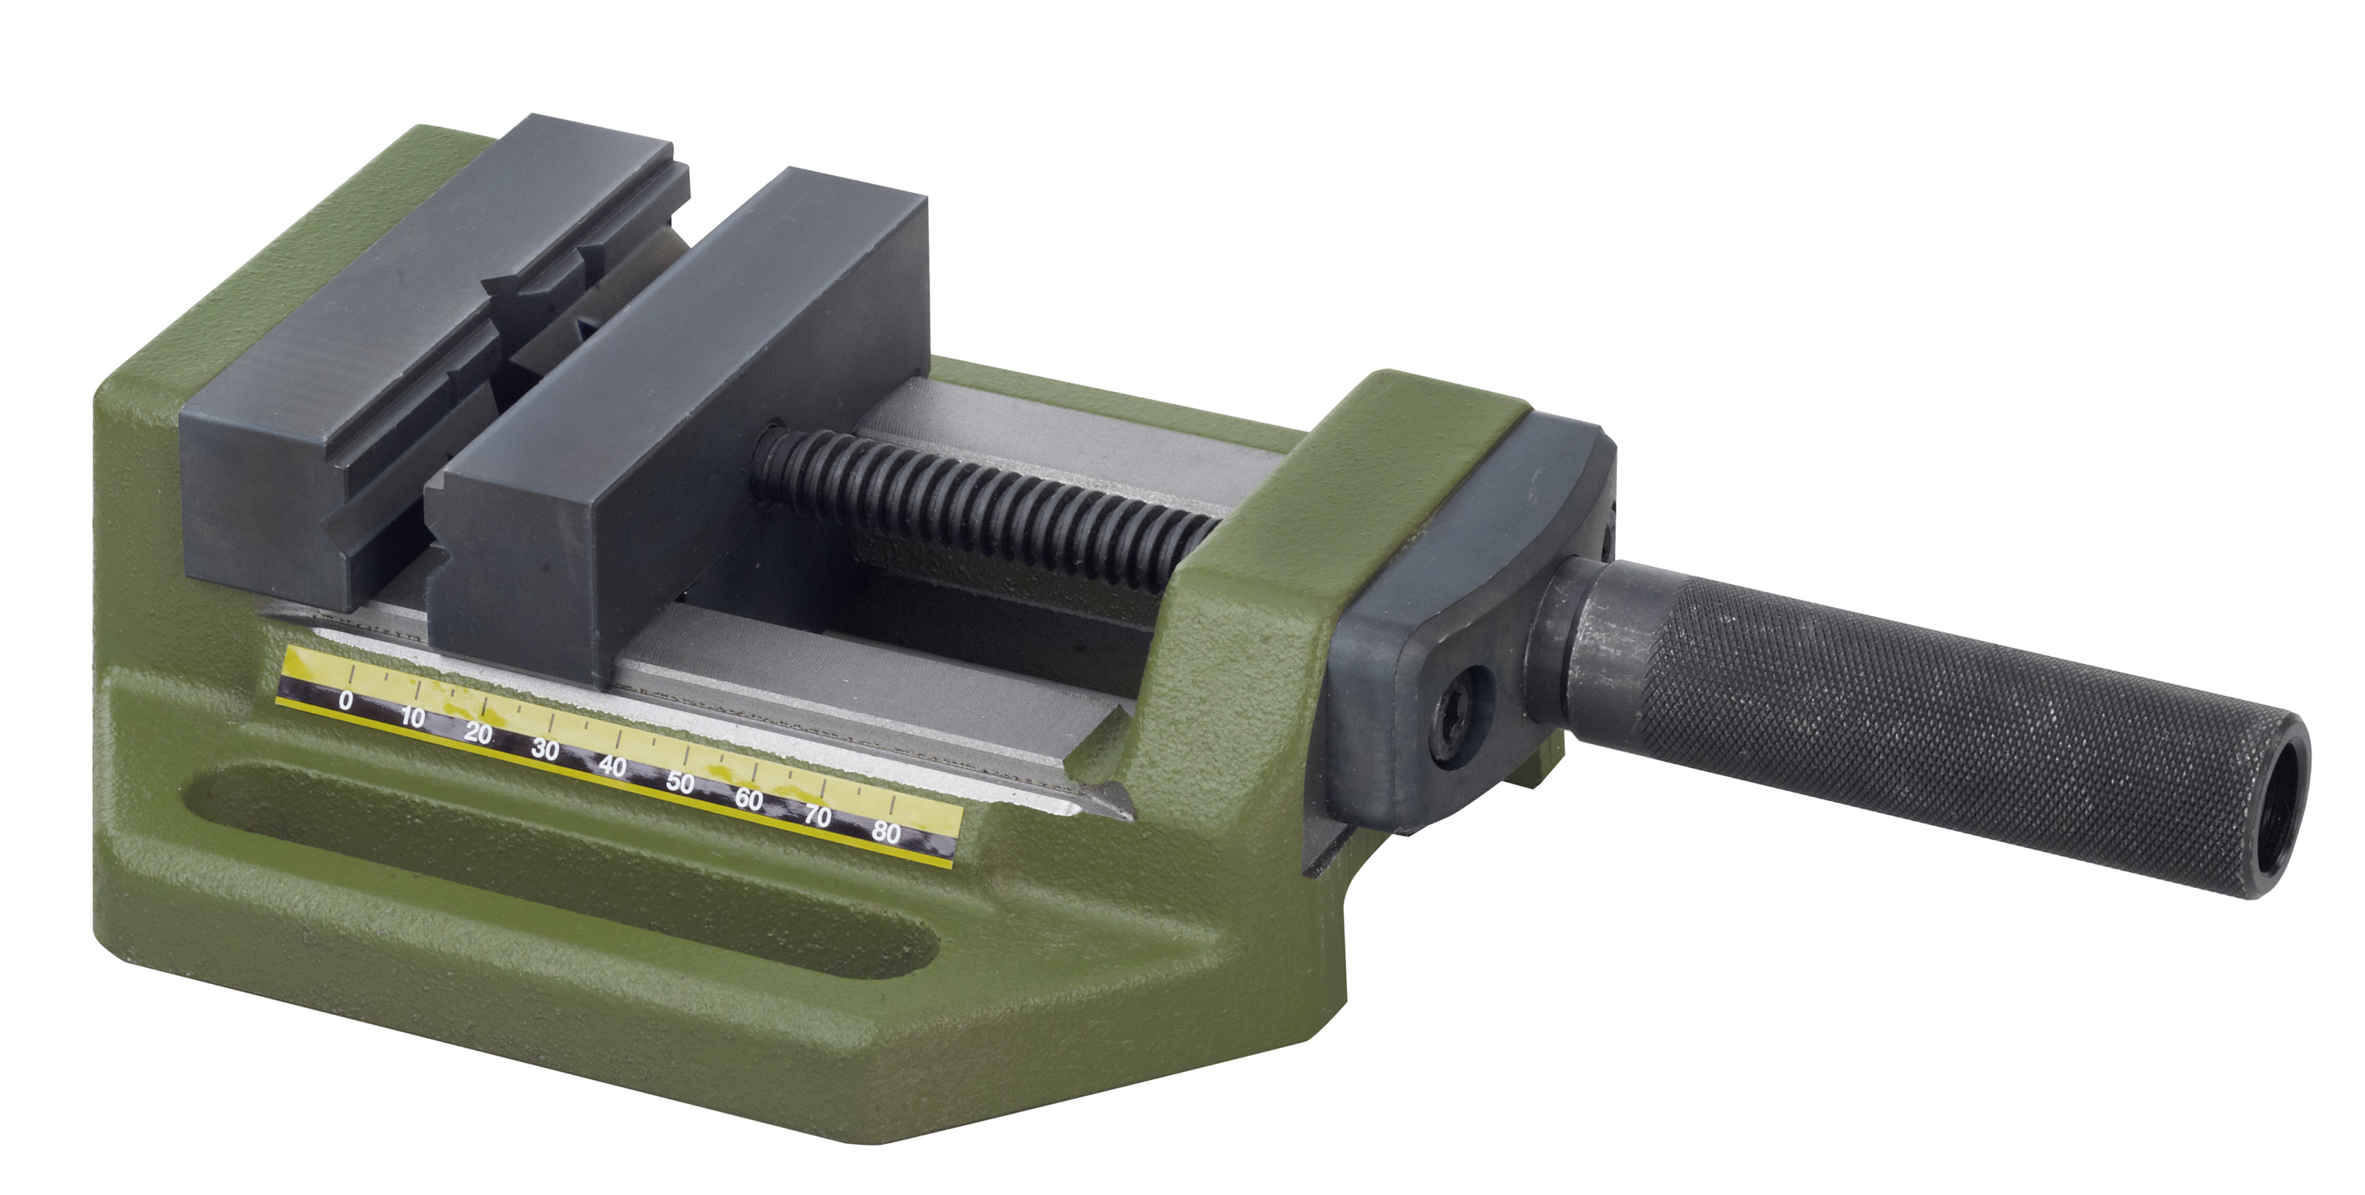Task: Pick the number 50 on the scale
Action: [680, 783]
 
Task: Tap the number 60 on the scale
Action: [749, 799]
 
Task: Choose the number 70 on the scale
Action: [817, 816]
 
